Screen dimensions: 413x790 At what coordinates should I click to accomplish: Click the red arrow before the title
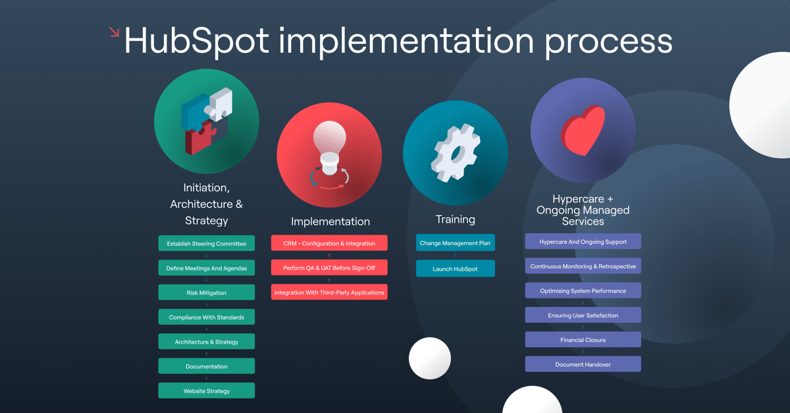coord(114,32)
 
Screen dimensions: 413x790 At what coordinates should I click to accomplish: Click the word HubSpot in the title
coord(197,41)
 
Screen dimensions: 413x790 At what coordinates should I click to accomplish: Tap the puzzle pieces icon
coord(207,121)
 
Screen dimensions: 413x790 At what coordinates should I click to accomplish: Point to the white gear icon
coord(456,153)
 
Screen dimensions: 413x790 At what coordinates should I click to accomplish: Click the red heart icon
coord(583,130)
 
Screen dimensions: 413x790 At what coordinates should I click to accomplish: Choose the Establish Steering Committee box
coord(206,244)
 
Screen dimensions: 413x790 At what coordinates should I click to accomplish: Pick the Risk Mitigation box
coord(206,292)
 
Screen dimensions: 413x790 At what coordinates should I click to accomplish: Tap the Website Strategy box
coord(206,391)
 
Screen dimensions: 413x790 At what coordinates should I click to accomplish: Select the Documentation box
coord(206,366)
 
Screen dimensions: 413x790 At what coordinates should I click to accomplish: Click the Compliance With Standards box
coord(206,317)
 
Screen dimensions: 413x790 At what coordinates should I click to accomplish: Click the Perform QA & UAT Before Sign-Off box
coord(329,268)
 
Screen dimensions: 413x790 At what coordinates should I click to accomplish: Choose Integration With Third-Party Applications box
coord(329,292)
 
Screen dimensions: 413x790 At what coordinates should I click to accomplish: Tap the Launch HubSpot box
coord(455,269)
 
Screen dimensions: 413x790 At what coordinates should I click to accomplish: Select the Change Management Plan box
coord(455,243)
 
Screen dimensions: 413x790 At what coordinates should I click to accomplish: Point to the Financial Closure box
coord(583,340)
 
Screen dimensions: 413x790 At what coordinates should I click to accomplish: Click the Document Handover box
coord(583,364)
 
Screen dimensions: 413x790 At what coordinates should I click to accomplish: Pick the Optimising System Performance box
coord(583,290)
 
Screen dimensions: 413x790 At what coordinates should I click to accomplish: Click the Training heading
coord(455,219)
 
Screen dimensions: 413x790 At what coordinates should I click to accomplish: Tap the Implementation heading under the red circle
coord(330,221)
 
